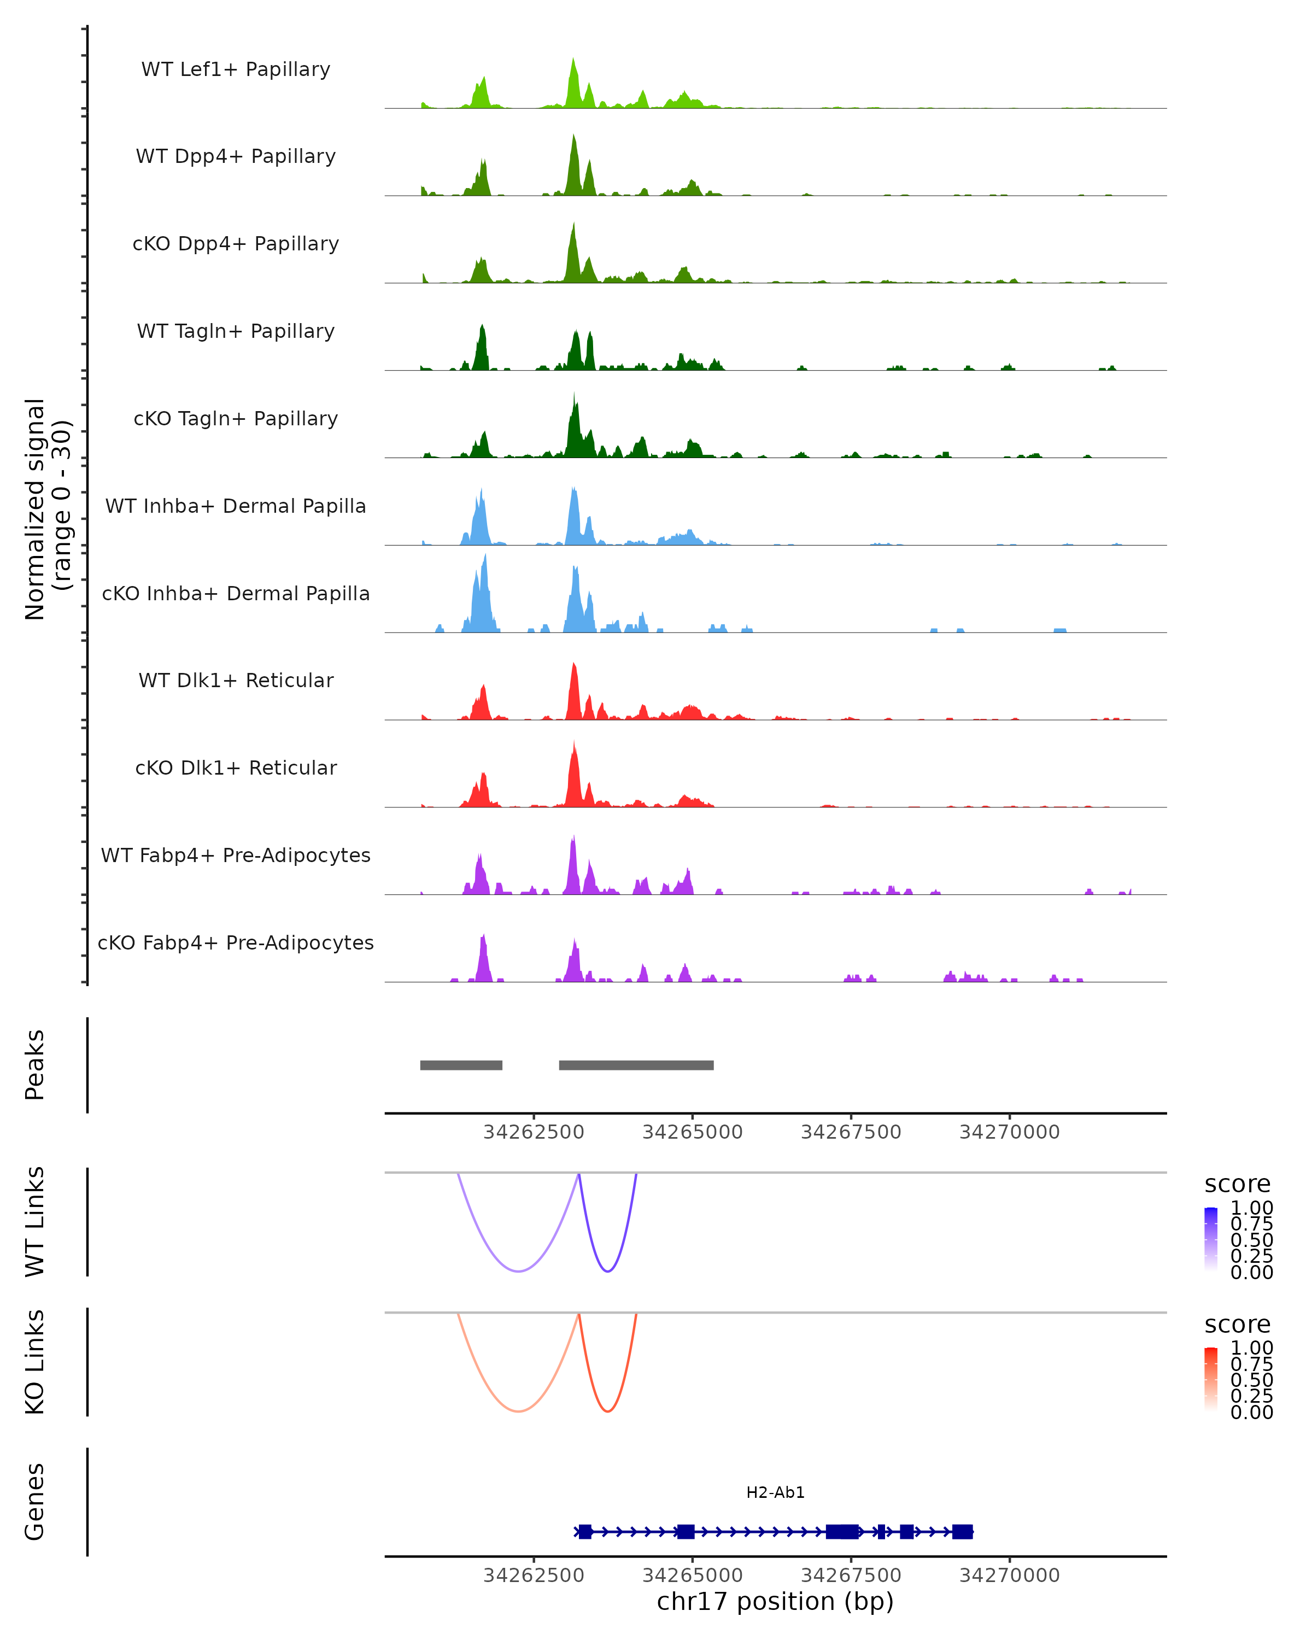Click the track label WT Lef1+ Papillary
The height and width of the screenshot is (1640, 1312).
click(236, 69)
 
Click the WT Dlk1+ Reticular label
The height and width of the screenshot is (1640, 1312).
click(236, 680)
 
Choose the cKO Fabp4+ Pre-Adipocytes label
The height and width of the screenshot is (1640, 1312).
click(236, 942)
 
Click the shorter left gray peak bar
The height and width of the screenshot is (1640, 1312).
click(461, 1065)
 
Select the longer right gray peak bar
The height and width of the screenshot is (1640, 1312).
click(636, 1065)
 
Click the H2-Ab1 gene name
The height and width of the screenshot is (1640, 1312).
click(775, 1492)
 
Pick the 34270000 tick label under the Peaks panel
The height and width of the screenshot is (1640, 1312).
click(1009, 1132)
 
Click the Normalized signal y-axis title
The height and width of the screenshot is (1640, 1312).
click(47, 509)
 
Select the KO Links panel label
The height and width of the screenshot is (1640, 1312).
click(35, 1362)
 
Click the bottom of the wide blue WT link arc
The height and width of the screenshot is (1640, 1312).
click(518, 1271)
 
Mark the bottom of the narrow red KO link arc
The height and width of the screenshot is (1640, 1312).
click(608, 1411)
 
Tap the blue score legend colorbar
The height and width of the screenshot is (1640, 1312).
click(1211, 1238)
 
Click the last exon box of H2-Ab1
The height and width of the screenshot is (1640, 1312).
click(962, 1531)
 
